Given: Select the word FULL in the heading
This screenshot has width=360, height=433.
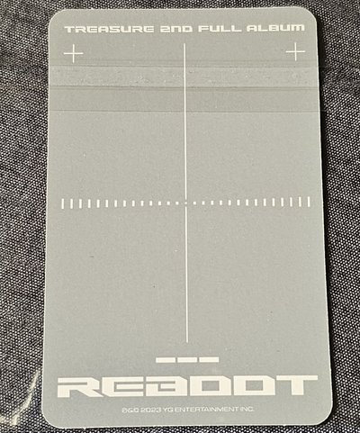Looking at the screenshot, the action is click(220, 29).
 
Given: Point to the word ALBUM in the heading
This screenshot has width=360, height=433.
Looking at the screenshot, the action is click(275, 28).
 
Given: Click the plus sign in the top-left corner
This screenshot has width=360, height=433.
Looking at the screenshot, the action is click(74, 53).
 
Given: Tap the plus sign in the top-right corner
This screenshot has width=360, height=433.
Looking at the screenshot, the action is click(295, 51).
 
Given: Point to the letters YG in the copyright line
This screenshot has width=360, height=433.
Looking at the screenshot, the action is click(168, 410).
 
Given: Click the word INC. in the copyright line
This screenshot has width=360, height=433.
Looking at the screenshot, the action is click(247, 409).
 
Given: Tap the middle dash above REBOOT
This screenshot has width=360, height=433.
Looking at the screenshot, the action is click(187, 360).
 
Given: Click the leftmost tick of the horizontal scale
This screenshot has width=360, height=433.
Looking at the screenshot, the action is click(63, 203).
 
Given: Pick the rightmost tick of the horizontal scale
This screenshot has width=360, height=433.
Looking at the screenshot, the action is click(309, 202).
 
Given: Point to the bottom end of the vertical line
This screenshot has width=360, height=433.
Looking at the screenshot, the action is click(187, 342).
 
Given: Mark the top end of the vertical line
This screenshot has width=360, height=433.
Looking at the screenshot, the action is click(184, 44).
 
